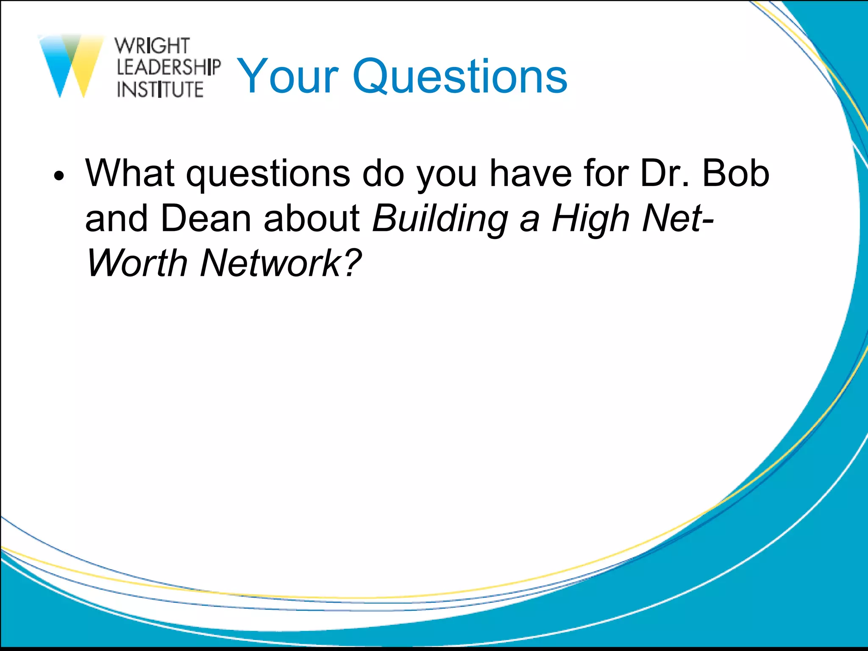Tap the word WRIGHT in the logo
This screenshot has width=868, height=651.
coord(152,46)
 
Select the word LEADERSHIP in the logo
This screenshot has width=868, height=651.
coord(168,67)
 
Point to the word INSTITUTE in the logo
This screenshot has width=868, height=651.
coord(160,89)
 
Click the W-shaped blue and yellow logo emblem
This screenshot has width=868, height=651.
coord(71,66)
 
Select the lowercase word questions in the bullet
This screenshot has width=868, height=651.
coord(268,174)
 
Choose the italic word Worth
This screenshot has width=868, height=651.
coord(137,263)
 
